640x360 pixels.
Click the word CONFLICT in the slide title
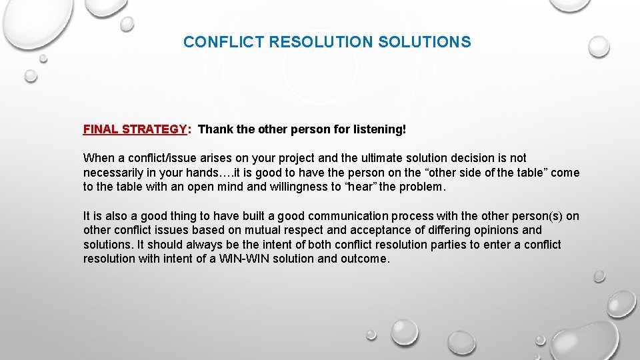point(223,42)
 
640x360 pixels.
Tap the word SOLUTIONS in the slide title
point(424,42)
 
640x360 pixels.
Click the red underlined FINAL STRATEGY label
point(134,129)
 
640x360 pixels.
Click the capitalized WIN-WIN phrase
point(247,259)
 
